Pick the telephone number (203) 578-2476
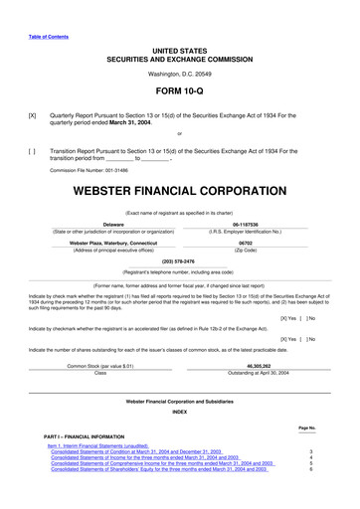179,261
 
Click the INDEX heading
179,411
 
